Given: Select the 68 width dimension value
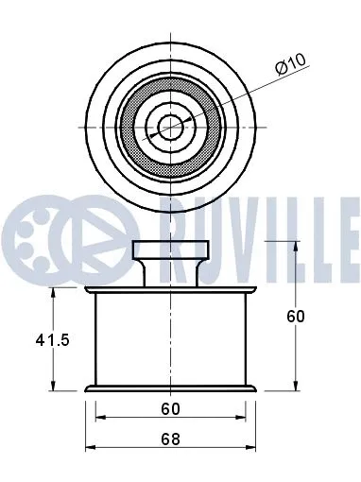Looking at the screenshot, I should pos(169,438).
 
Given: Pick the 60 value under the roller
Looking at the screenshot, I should pos(169,408).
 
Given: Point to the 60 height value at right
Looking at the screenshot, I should pos(296,317).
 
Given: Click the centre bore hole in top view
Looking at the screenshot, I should pos(170,126).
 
